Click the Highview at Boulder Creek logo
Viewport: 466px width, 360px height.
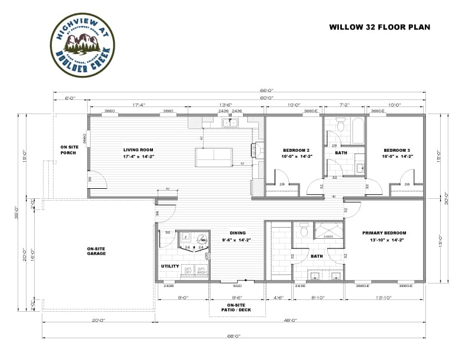click(82, 45)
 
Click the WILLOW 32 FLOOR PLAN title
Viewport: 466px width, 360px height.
click(380, 27)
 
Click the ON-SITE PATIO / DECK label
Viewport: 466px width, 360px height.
click(237, 306)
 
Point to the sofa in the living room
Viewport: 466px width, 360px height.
click(214, 157)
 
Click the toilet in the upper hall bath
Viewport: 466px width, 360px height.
click(340, 125)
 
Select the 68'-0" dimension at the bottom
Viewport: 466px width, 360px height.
click(234, 336)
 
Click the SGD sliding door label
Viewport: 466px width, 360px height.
click(237, 285)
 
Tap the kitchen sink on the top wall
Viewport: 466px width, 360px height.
click(229, 123)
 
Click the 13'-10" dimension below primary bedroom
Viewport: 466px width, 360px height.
click(384, 298)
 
